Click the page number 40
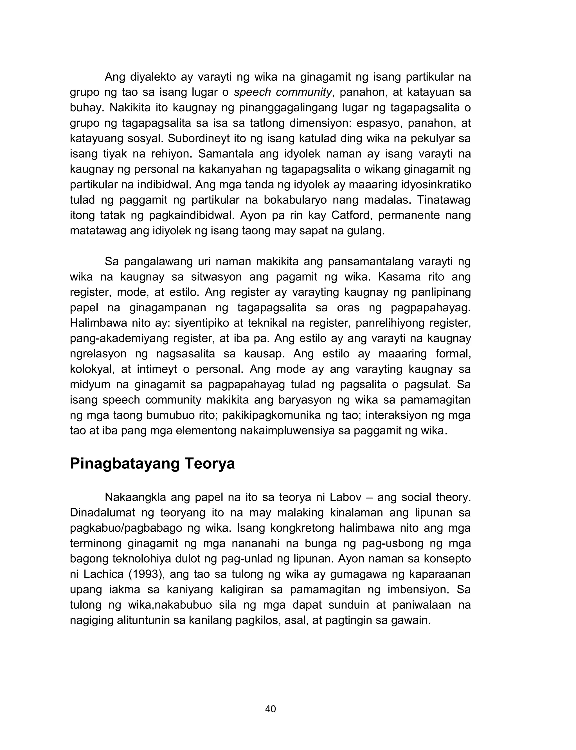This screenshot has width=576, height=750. coord(271,709)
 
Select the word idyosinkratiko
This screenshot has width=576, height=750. coord(435,185)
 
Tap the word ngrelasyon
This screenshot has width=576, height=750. coord(98,354)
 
